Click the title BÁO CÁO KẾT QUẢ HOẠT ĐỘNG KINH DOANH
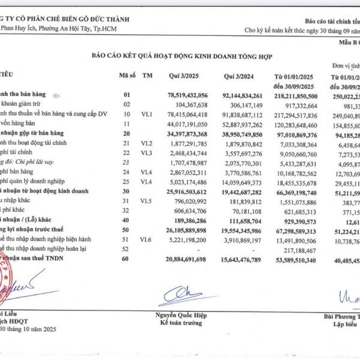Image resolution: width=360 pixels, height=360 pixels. [x=181, y=56]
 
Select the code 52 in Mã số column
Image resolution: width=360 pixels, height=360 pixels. [x=126, y=248]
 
